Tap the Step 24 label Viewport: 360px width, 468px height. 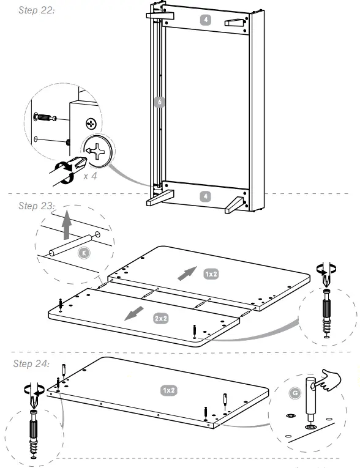32,364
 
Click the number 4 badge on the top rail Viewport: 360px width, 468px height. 206,20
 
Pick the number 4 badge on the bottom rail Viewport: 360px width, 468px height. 206,196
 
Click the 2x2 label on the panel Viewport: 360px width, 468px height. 160,318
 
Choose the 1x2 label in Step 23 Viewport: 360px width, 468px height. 211,274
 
